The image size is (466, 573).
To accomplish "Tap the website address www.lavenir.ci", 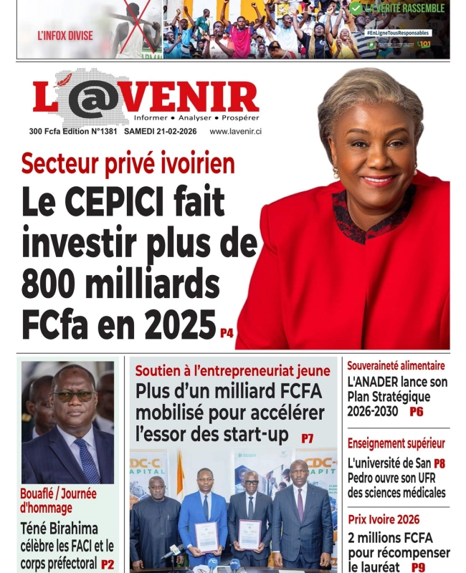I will coord(235,132).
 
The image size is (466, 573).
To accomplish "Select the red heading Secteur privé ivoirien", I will coord(128,164).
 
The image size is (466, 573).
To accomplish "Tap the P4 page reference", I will coord(227,332).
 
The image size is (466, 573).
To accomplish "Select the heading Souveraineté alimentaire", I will coord(396,366).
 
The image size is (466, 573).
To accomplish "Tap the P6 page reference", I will coord(417,412).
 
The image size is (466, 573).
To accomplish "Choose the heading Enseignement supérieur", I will coord(396,443).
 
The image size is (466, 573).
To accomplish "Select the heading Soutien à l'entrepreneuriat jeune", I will coord(232,371).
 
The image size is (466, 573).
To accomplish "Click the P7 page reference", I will coord(307,438).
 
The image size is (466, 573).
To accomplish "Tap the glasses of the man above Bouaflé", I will coord(74,395).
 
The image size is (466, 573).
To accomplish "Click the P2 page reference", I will coord(107,564).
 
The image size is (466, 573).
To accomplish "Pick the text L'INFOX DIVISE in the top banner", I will coord(65,34).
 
